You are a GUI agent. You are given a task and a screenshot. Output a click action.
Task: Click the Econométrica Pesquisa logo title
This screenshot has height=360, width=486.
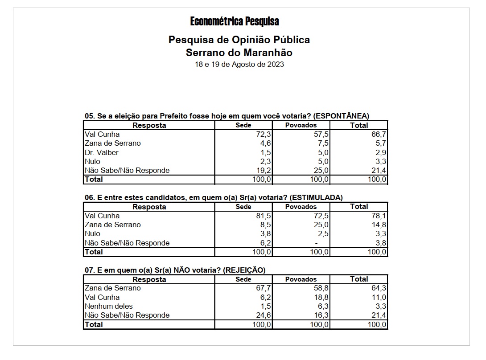[235, 21]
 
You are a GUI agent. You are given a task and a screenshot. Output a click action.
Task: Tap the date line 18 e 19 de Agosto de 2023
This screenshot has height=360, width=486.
[239, 64]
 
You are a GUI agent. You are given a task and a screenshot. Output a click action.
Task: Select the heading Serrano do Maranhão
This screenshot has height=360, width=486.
[239, 53]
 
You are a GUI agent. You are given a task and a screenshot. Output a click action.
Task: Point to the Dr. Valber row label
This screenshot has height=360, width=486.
[102, 152]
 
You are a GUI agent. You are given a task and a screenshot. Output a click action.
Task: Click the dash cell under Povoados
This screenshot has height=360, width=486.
[316, 243]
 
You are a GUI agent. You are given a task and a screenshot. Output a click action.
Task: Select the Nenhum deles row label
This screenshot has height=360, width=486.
[109, 306]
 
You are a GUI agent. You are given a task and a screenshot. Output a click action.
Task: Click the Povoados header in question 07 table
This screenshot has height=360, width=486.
[301, 279]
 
